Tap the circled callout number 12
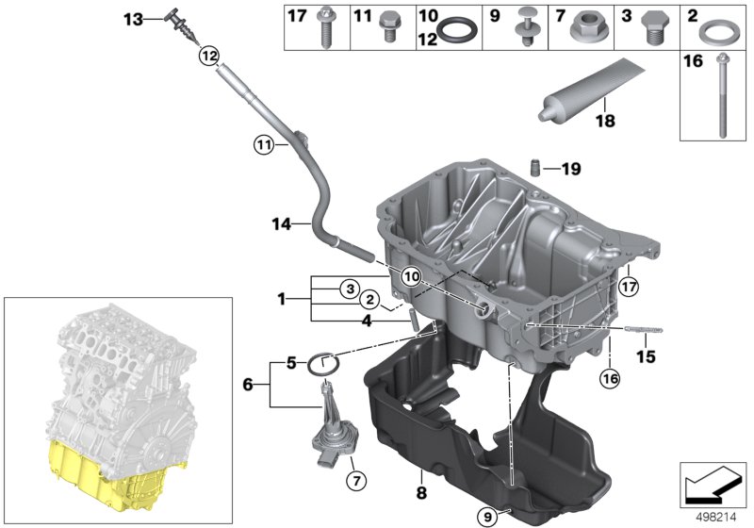[207, 57]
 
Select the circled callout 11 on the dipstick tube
[263, 145]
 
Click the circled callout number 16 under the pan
[610, 380]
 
